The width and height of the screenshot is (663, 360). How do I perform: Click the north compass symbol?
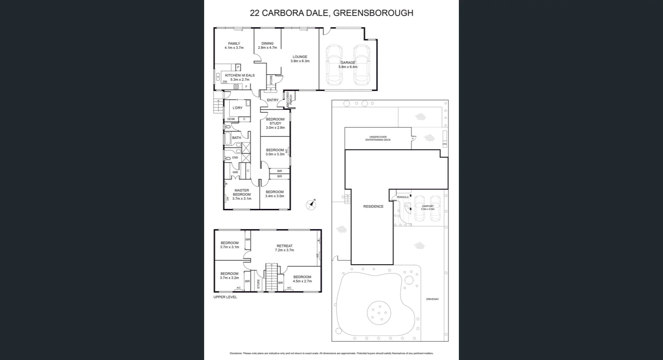coord(311,205)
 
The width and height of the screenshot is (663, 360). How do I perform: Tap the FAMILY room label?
coord(234,43)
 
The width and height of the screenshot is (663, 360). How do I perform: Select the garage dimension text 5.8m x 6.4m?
coord(348,67)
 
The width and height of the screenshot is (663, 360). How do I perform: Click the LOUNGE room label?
coord(300,57)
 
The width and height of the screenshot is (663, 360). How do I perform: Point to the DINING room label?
coord(267,43)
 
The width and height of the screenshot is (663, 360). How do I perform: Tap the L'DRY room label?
coord(237,108)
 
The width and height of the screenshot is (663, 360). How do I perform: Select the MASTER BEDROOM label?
coord(242,192)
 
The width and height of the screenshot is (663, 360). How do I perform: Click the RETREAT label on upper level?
coord(284,246)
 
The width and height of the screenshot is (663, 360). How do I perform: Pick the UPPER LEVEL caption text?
coord(225,297)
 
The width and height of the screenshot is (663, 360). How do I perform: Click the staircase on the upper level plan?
coord(271,277)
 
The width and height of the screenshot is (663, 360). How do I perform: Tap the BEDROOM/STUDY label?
coord(275,121)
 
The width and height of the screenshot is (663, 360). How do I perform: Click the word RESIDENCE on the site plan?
coord(373,206)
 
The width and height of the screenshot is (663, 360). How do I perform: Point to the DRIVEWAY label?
coord(432,299)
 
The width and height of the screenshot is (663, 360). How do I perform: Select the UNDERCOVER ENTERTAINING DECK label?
coord(378,138)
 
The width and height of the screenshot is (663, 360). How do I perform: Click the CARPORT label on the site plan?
coord(427,206)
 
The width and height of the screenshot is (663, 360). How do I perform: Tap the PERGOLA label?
coord(402,197)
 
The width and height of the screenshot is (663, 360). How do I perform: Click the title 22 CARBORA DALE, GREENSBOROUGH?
coord(331,13)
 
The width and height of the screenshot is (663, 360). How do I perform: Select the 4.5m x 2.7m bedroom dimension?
coord(302,281)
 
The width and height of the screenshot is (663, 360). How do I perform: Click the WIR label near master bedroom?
coord(235,172)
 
